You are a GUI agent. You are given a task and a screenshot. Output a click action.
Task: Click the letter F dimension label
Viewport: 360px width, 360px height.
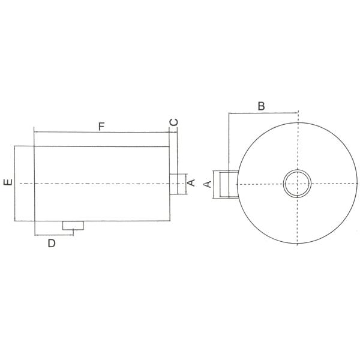[x=101, y=126]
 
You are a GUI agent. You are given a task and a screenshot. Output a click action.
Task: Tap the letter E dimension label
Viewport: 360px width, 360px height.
[x=7, y=183]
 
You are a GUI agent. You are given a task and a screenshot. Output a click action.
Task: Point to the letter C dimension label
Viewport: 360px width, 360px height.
[x=173, y=122]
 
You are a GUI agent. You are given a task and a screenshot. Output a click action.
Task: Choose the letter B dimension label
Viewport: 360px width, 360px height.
[x=261, y=106]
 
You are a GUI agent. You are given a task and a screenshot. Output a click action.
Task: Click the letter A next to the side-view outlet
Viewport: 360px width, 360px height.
[x=191, y=182]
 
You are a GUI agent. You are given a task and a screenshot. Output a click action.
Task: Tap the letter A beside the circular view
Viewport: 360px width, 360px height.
[x=208, y=184]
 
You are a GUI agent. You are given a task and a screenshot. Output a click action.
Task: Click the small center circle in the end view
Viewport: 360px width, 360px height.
[x=298, y=184]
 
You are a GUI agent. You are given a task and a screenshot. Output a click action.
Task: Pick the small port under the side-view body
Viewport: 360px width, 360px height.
[x=73, y=226]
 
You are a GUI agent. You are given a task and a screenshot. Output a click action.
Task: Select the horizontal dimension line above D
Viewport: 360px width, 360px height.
[x=54, y=235]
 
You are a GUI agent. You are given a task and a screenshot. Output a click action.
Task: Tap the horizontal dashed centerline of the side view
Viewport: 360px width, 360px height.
[x=90, y=183]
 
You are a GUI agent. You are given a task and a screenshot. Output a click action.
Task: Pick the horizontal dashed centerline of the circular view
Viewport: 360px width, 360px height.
[x=336, y=184]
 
